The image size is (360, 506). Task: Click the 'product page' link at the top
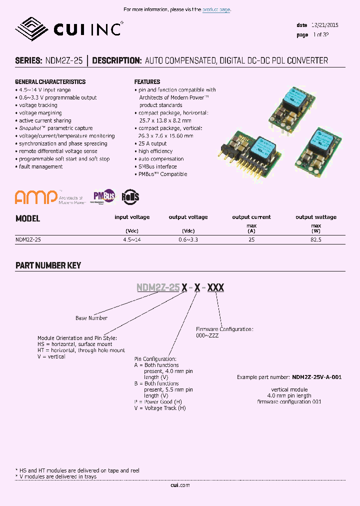216,9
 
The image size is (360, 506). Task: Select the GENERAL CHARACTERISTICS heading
50,81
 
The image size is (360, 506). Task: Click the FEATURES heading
147,81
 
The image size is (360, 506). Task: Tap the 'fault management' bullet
40,166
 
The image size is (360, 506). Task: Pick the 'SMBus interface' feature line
157,166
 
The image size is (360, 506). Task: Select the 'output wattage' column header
316,217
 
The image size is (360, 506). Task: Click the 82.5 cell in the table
316,240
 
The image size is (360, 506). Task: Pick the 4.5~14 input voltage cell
132,240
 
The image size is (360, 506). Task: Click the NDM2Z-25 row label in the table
28,240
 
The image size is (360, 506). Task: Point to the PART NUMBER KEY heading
48,265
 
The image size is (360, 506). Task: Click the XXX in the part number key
215,287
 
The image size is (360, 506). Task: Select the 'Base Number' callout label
91,318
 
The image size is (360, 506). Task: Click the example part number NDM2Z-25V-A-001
317,377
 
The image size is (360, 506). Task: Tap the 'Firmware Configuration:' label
224,329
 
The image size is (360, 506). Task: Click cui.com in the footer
180,485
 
